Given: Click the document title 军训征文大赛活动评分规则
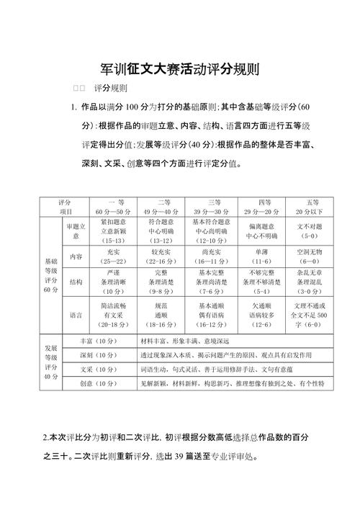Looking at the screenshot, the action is pos(180,70).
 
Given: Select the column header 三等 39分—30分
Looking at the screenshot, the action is pos(213,207).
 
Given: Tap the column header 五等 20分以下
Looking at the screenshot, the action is pos(311,207).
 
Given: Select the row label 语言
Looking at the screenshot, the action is pos(76,315).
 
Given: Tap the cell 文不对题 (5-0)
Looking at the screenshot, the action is pos(311,231).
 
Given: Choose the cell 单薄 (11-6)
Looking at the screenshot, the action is pos(262,257).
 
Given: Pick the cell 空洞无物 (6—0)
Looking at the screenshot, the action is pos(311,257).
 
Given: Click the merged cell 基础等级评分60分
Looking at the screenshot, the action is pos(50,274).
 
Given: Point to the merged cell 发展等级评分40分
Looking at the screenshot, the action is pos(50,362).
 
